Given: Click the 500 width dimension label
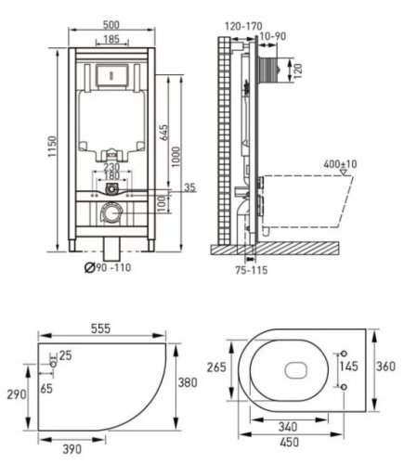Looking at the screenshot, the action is pyautogui.click(x=111, y=24).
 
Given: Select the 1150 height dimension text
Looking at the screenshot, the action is pyautogui.click(x=53, y=147).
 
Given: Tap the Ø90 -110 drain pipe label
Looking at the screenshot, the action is pyautogui.click(x=108, y=267).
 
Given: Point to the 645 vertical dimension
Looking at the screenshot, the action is pyautogui.click(x=164, y=132).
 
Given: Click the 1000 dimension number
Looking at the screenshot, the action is pyautogui.click(x=176, y=157).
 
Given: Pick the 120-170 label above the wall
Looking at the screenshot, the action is pyautogui.click(x=243, y=26).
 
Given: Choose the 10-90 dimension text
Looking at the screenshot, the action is pyautogui.click(x=273, y=36).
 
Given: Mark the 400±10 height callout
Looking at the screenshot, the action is pyautogui.click(x=340, y=163).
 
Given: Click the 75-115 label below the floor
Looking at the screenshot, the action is pyautogui.click(x=252, y=270).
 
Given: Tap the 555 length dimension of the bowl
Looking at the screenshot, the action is pyautogui.click(x=101, y=329).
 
